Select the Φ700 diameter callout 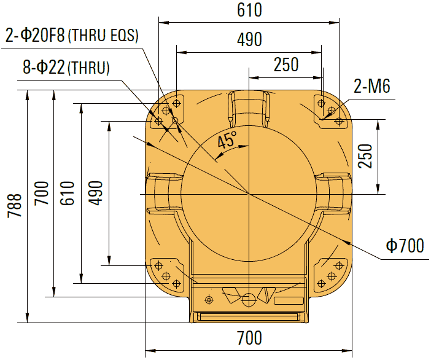405,246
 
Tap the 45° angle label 227,141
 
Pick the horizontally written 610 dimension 249,10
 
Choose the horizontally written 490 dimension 249,39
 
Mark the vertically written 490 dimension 95,193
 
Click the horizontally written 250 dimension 285,65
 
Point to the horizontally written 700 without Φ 249,338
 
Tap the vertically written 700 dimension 41,193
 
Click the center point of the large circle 249,194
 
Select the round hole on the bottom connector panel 249,300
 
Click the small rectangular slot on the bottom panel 289,301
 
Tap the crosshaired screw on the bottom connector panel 209,299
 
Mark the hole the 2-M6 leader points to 331,111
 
